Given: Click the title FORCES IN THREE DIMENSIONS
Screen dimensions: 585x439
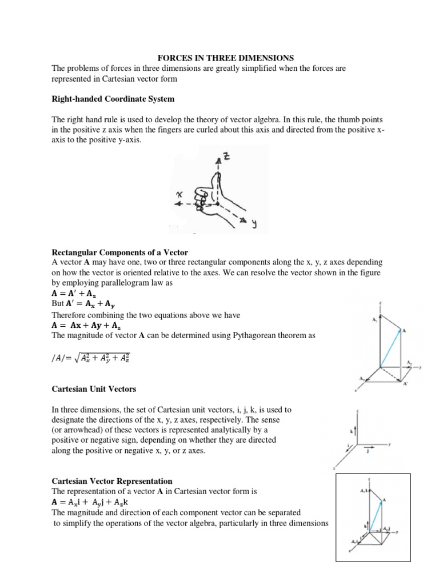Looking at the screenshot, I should point(225,58).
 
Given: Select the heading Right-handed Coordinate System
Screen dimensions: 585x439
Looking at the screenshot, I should point(113,99).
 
